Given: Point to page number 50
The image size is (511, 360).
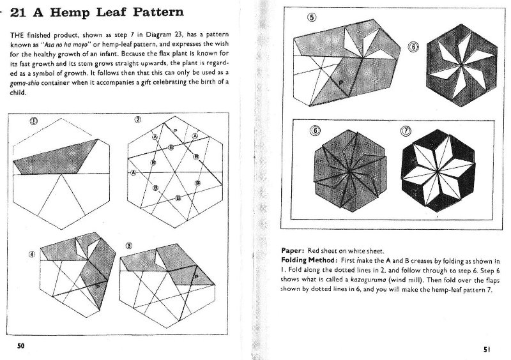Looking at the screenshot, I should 21,345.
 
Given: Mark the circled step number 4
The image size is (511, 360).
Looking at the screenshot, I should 31,253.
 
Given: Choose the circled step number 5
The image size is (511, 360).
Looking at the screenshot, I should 311,18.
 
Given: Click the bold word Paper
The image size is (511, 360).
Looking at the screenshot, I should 293,251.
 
